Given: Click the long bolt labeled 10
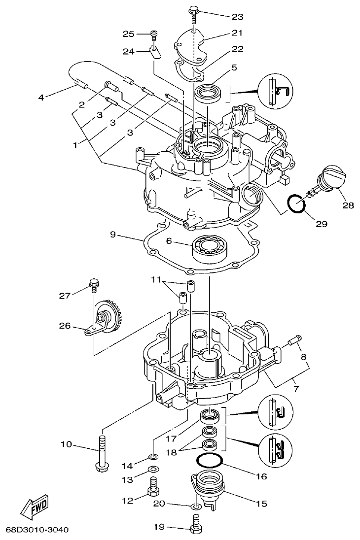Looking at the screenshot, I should (x=102, y=450).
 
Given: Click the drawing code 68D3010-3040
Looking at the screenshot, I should (x=37, y=530).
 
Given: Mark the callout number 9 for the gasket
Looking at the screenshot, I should (x=112, y=235).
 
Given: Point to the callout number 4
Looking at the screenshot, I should (x=41, y=97).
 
